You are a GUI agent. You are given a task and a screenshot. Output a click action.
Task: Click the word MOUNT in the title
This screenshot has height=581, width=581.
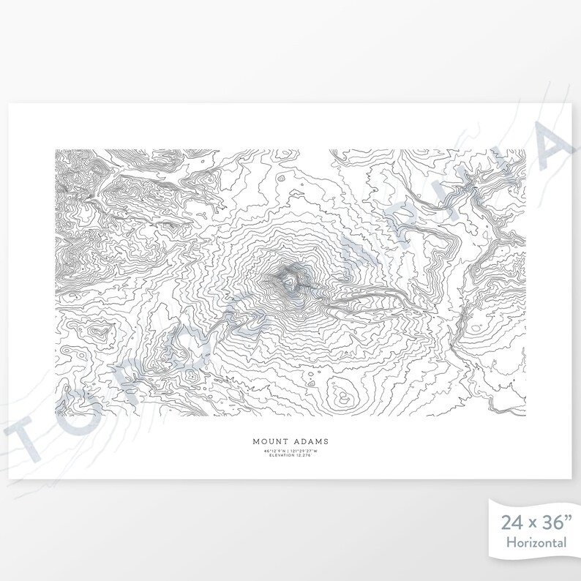pos(270,441)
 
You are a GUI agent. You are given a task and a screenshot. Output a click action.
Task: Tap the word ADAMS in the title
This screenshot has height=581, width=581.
pos(308,441)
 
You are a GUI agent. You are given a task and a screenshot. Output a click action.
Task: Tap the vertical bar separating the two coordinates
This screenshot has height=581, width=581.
pos(288,451)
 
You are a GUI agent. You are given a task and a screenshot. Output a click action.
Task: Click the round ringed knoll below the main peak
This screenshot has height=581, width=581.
pos(341,397)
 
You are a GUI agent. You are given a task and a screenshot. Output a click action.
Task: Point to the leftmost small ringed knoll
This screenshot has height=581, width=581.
pos(94,334)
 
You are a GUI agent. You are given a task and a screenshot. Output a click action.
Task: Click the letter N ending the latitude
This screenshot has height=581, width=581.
pos(284,451)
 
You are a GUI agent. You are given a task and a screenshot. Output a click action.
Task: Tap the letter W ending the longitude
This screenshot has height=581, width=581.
pos(317,451)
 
